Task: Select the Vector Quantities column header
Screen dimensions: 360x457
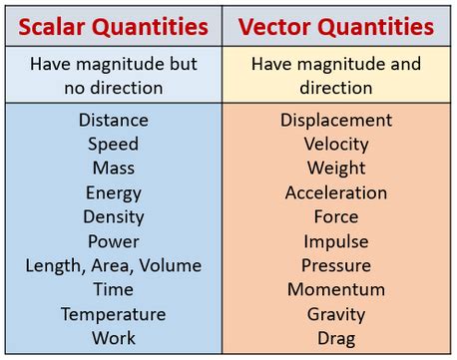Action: [x=336, y=25]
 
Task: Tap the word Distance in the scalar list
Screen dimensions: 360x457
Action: [x=113, y=120]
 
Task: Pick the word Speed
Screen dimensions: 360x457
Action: [x=113, y=144]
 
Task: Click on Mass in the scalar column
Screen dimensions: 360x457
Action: [x=113, y=169]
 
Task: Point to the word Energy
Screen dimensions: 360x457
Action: [x=113, y=192]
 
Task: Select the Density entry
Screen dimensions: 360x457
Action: [x=113, y=216]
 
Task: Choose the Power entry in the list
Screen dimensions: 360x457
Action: [x=113, y=241]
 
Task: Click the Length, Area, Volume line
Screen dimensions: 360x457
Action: [x=113, y=265]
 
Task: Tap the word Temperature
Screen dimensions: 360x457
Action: [x=113, y=314]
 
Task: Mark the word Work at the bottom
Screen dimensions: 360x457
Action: [x=113, y=338]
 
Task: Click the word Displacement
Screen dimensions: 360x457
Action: [x=336, y=120]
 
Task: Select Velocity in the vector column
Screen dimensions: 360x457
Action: [x=336, y=144]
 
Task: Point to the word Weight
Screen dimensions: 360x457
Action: [x=336, y=169]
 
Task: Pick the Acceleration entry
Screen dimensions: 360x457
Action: [x=336, y=192]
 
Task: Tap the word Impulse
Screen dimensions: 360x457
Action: [x=336, y=241]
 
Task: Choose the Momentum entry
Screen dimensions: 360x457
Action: [x=336, y=289]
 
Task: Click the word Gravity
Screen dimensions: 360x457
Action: [x=336, y=314]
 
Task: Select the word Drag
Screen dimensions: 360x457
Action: [x=336, y=338]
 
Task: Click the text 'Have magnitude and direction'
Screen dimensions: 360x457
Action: [x=336, y=76]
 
